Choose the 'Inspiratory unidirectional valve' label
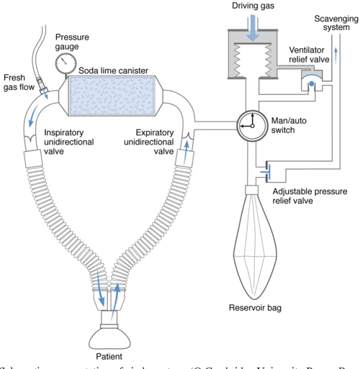coord(68,141)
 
